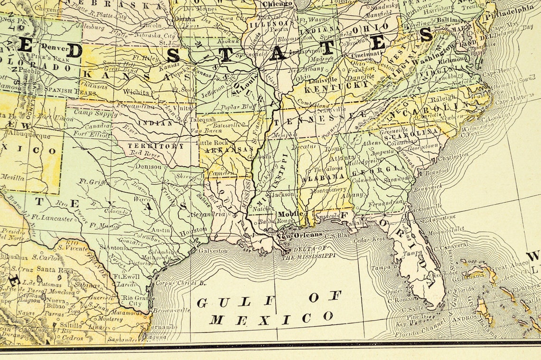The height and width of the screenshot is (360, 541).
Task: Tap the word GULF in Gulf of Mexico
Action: [236, 301]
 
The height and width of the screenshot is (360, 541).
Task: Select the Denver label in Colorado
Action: [55, 47]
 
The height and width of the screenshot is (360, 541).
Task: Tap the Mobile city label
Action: [291, 214]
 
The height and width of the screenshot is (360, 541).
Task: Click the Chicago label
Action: [277, 4]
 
